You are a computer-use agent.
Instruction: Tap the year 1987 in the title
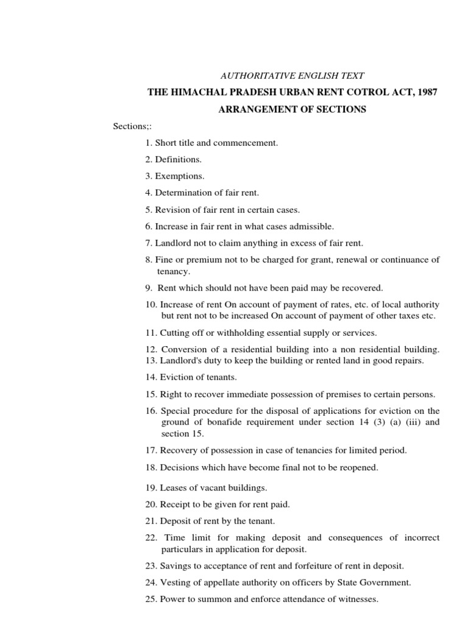click(425, 93)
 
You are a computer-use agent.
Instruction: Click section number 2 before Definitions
click(148, 160)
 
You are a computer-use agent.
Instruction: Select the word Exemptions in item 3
click(180, 176)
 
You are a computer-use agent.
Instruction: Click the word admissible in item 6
click(312, 227)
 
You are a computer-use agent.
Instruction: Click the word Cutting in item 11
click(174, 333)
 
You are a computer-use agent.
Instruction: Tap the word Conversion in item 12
click(185, 350)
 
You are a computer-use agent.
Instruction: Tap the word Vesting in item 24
click(174, 583)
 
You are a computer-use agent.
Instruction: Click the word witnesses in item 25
click(357, 599)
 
